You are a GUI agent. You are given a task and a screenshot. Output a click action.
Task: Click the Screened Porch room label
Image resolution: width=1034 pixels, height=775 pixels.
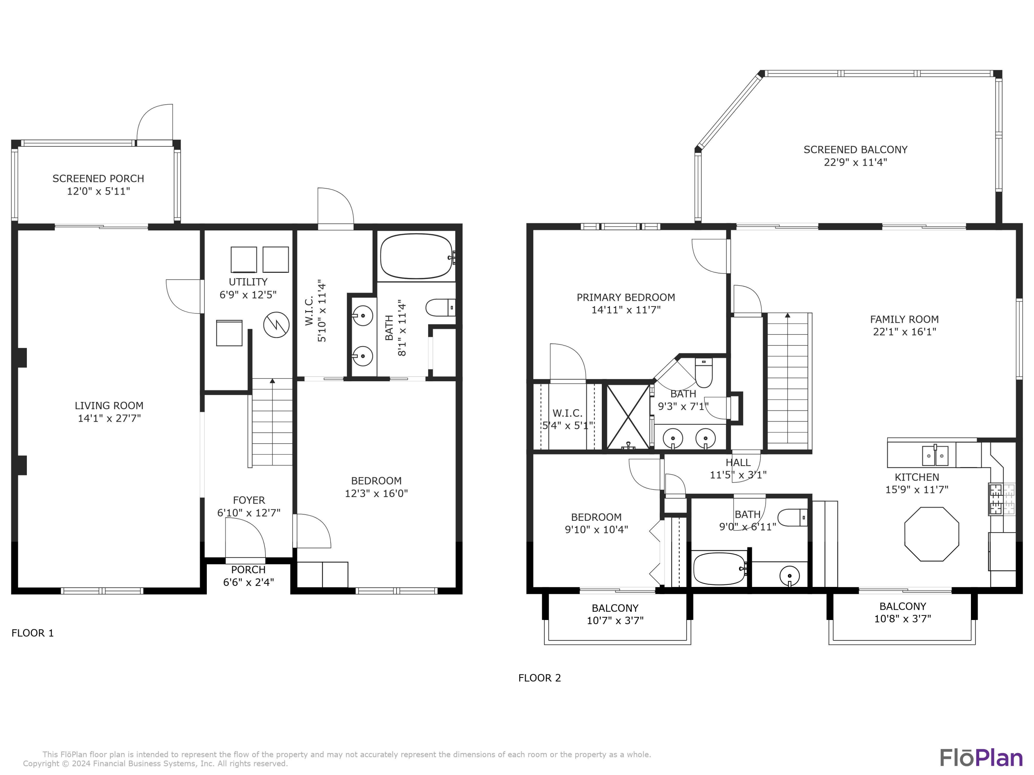tap(98, 178)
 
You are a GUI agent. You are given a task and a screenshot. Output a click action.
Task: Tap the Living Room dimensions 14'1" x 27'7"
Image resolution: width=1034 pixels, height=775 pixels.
tap(109, 418)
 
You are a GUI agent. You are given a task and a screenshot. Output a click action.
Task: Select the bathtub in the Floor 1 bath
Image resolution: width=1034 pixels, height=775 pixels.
tap(416, 256)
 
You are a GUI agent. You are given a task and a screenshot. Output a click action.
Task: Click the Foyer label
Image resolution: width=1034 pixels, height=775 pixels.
tap(249, 500)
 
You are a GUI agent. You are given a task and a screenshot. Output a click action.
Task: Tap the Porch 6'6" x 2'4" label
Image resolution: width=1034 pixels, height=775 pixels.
tap(248, 576)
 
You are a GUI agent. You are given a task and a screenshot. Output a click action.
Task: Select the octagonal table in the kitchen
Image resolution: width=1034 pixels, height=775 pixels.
tap(932, 534)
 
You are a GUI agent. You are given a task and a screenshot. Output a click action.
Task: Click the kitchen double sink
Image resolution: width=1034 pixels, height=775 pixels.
tap(935, 455)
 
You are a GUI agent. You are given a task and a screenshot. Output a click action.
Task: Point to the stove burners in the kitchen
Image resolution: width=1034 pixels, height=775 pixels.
tap(996, 499)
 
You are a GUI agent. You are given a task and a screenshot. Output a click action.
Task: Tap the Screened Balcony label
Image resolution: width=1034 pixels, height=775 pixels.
tap(855, 150)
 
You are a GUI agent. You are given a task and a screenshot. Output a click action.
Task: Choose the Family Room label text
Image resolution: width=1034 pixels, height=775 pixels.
tap(904, 320)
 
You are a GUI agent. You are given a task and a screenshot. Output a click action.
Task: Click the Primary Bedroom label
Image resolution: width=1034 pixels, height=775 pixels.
tap(626, 298)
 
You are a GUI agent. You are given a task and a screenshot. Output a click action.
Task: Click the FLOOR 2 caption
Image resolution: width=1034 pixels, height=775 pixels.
tap(539, 678)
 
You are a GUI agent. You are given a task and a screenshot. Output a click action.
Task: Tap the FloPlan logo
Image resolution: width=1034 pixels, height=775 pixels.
tap(981, 758)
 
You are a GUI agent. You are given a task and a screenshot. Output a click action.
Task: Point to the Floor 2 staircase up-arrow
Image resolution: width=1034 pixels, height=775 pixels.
tap(788, 316)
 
